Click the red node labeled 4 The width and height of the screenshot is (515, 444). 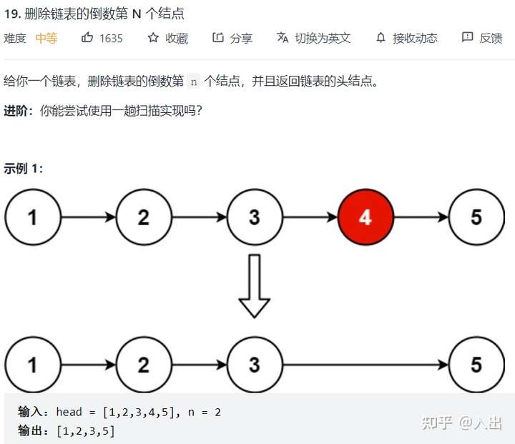[x=366, y=217]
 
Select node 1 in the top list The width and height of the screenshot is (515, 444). [x=32, y=217]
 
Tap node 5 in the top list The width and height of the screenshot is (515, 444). [x=476, y=217]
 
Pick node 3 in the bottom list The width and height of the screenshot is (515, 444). [x=255, y=365]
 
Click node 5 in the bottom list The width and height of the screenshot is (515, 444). [x=476, y=365]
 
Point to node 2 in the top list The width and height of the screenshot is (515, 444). [x=143, y=217]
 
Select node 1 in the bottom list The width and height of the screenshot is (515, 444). [x=32, y=365]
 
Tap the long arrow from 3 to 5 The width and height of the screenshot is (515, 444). [x=365, y=365]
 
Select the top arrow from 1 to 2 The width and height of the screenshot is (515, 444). [x=88, y=217]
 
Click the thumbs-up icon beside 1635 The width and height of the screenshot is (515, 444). [x=87, y=38]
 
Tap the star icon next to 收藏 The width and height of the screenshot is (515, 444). [x=153, y=38]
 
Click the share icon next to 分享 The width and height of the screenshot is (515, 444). [x=218, y=38]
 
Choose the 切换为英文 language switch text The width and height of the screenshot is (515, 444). [x=323, y=38]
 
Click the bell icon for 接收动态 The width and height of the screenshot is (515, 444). [x=381, y=38]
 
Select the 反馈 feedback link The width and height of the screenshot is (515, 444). [x=491, y=38]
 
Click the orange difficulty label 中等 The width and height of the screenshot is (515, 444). [x=46, y=38]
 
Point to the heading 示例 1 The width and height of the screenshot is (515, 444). [x=24, y=169]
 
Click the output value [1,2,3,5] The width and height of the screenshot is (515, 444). [x=81, y=430]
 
